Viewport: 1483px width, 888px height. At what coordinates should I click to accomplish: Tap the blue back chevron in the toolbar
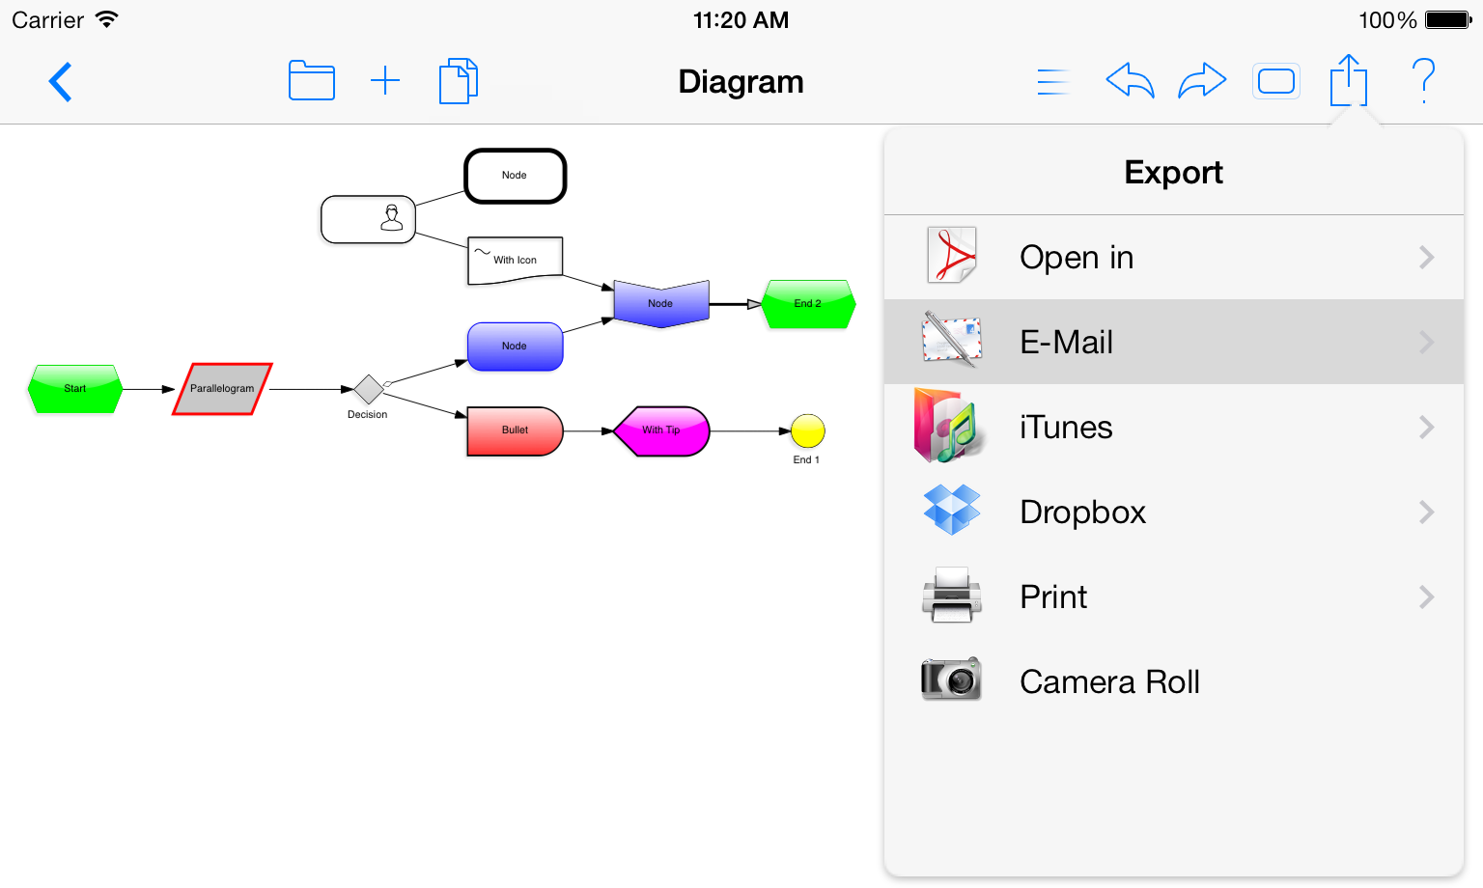point(60,82)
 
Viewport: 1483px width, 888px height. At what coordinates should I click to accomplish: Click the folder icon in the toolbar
point(311,81)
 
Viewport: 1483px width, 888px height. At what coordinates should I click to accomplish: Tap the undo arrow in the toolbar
point(1131,81)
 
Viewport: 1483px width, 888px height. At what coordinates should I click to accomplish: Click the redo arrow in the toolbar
point(1202,81)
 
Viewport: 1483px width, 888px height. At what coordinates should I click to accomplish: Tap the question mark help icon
point(1423,81)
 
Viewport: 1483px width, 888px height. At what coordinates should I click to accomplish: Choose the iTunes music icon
point(949,426)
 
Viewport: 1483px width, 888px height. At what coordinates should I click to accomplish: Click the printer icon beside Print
point(951,595)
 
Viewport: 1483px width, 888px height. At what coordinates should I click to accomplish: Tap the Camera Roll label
point(1109,681)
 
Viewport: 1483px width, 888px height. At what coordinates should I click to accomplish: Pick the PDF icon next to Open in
point(951,256)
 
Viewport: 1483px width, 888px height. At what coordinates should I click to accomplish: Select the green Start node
point(74,389)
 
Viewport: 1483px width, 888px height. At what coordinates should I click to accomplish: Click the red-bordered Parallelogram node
point(222,389)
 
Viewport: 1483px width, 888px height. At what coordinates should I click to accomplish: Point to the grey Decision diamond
point(368,389)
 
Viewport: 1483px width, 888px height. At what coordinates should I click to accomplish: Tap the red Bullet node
point(515,430)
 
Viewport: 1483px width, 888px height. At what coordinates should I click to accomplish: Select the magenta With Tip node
point(661,430)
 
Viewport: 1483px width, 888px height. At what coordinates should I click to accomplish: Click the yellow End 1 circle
point(808,430)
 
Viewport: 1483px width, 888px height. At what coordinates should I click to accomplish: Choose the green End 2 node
point(808,304)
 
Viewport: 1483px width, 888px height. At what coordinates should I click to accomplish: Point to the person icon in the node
point(392,217)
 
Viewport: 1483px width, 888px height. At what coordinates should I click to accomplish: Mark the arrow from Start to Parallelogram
point(149,389)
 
